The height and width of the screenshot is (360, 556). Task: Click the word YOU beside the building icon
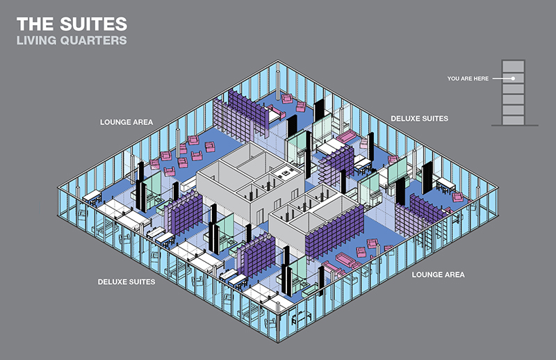point(454,79)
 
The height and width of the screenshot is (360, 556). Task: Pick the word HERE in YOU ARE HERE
point(482,79)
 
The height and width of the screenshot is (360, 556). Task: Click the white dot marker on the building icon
point(513,79)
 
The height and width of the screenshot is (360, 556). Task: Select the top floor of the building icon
point(513,67)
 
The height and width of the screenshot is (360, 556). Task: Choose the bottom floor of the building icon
point(513,119)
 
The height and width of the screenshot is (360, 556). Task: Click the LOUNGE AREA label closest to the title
point(126,122)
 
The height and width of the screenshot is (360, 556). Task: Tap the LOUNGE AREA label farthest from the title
point(438,275)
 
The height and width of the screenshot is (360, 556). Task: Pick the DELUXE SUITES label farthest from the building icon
point(126,282)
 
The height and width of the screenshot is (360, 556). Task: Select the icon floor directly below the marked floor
point(513,91)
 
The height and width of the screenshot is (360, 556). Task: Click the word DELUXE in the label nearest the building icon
point(406,118)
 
